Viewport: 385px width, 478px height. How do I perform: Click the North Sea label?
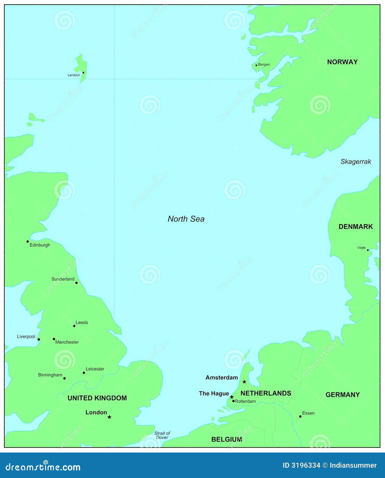pos(186,219)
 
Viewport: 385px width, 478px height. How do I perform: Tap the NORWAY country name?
pos(342,62)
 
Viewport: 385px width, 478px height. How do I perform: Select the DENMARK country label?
pos(356,227)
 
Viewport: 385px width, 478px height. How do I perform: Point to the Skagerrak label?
pos(356,162)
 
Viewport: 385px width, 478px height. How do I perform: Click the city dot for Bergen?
pos(256,65)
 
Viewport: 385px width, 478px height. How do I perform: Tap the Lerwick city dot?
pos(83,72)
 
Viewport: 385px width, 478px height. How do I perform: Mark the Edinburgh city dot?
pos(27,242)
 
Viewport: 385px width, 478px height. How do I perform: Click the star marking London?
pos(109,417)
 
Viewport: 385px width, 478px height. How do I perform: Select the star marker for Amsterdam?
pos(244,382)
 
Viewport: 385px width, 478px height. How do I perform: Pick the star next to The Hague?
pos(232,397)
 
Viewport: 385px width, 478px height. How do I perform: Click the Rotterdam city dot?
pos(233,401)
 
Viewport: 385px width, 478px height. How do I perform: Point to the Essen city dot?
pos(300,416)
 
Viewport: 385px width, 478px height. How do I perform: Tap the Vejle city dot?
pos(368,250)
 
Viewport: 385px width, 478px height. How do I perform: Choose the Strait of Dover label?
pos(162,435)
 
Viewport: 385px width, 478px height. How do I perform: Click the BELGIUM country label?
pos(227,439)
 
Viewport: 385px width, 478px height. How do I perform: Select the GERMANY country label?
pos(343,395)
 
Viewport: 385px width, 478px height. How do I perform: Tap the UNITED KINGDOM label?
pos(97,398)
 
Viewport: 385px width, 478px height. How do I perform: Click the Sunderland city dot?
pos(76,283)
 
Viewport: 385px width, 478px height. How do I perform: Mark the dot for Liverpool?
pos(39,339)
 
